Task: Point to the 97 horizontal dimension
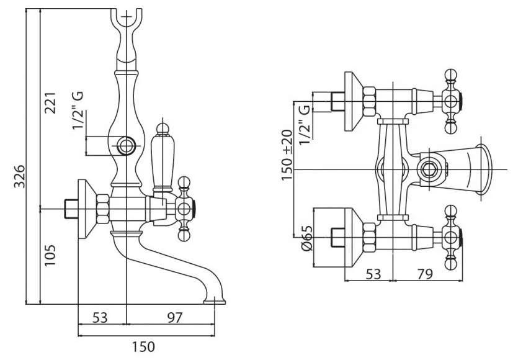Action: tap(174, 317)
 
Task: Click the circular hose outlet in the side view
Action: tap(127, 147)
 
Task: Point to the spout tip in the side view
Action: tap(215, 302)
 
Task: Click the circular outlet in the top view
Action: tap(427, 169)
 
